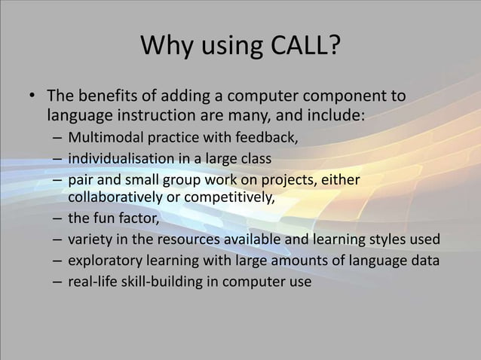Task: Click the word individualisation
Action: click(x=120, y=160)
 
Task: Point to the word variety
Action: click(x=90, y=241)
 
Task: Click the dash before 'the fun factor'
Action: click(x=58, y=220)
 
